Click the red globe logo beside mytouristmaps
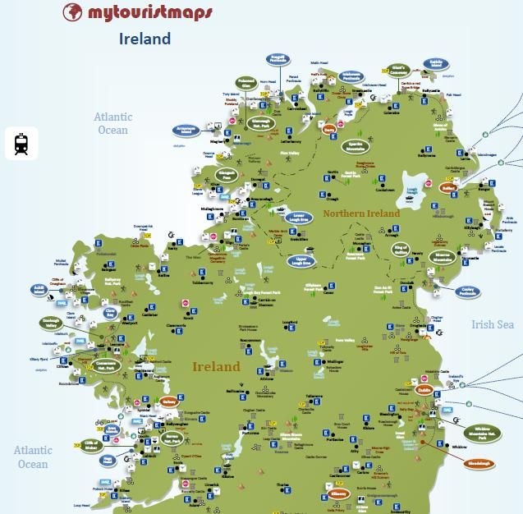pos(72,11)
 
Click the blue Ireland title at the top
pos(145,39)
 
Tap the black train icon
pos(21,144)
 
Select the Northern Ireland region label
pos(361,213)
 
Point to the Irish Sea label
pos(493,324)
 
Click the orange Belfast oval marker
pos(448,188)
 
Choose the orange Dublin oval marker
pos(424,390)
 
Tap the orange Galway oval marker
pos(169,402)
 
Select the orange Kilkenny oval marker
pos(338,494)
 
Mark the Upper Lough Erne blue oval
pos(302,261)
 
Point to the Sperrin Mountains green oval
pos(355,148)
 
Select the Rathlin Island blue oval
pos(436,64)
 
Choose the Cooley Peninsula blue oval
pos(468,291)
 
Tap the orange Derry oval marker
pos(329,130)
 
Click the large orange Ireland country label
pos(216,366)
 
